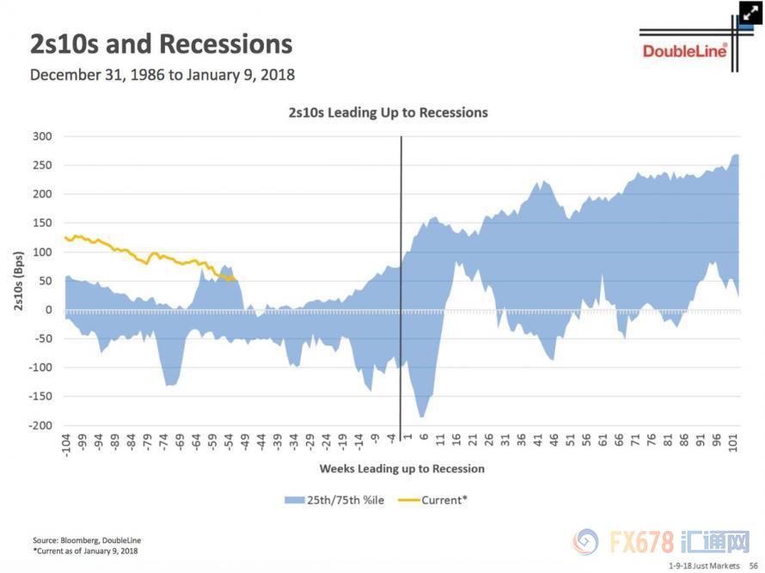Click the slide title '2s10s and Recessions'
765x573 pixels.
pyautogui.click(x=161, y=45)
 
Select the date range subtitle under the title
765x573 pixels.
pyautogui.click(x=162, y=75)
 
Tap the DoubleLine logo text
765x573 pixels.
pyautogui.click(x=684, y=52)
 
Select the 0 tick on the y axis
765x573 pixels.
pyautogui.click(x=50, y=310)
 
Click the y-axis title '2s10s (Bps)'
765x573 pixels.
pyautogui.click(x=18, y=280)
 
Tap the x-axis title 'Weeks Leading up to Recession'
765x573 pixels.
pyautogui.click(x=401, y=469)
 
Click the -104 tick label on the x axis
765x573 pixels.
pyautogui.click(x=65, y=445)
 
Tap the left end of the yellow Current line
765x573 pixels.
pyautogui.click(x=65, y=237)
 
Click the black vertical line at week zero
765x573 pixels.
pyautogui.click(x=401, y=283)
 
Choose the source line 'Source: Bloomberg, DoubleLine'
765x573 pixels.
pyautogui.click(x=87, y=540)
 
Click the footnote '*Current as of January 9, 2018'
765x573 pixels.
pyautogui.click(x=85, y=551)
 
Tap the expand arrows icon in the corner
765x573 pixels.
pyautogui.click(x=751, y=13)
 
